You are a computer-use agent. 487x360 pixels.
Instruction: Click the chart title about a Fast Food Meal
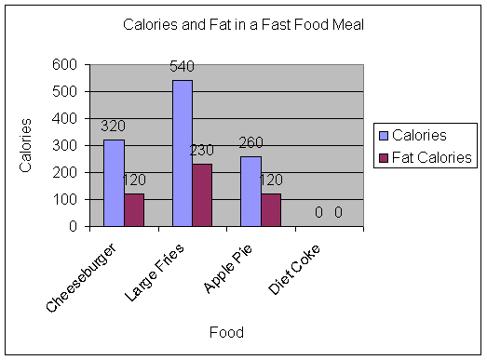point(243,24)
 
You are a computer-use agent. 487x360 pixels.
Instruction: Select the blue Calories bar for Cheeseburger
point(113,182)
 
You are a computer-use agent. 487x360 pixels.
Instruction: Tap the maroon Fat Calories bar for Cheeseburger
point(134,209)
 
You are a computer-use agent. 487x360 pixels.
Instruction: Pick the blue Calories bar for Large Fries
point(182,153)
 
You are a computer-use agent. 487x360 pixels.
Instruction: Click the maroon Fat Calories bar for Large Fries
point(202,194)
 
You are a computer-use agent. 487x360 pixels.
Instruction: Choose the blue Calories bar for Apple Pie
point(250,191)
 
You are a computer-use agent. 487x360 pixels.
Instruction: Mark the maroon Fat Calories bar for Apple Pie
point(271,209)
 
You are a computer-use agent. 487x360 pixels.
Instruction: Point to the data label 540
point(182,67)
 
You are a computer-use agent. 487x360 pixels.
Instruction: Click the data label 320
point(113,127)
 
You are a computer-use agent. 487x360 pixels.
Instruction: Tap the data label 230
point(204,151)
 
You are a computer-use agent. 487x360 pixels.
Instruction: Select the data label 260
point(251,143)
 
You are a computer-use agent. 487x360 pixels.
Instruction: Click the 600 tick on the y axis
point(64,64)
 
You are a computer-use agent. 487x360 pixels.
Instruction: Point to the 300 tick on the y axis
point(64,145)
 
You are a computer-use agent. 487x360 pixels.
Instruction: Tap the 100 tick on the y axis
point(64,199)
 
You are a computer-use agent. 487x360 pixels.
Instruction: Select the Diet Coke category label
point(295,269)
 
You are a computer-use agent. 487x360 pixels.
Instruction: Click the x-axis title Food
point(225,331)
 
